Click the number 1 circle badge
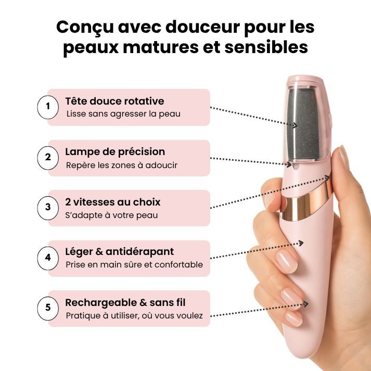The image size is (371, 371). [x=48, y=107]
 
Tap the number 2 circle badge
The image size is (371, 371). [x=48, y=157]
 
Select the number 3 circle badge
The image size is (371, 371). [x=48, y=207]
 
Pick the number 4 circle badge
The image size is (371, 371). [x=48, y=258]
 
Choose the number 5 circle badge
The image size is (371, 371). [x=48, y=308]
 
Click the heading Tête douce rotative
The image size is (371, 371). [x=114, y=101]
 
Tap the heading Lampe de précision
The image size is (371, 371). [x=115, y=151]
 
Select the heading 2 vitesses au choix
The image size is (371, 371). [x=113, y=202]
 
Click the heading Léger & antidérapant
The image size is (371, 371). [x=120, y=252]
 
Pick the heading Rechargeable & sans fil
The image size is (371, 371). [x=125, y=302]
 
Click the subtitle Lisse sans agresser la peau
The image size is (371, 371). [x=123, y=114]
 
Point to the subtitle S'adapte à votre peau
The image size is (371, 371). [x=112, y=215]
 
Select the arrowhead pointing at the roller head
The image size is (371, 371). [x=295, y=125]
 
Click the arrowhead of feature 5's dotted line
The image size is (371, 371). [x=308, y=304]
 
